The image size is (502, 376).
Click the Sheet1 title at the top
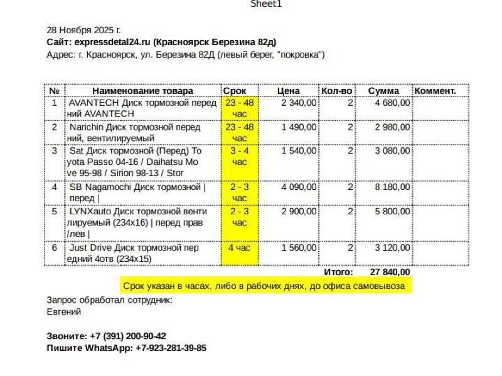pyautogui.click(x=266, y=4)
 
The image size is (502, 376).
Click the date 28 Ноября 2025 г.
pyautogui.click(x=84, y=30)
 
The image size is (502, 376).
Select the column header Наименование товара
pyautogui.click(x=142, y=91)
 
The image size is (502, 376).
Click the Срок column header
pyautogui.click(x=235, y=91)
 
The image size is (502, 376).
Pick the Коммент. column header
pyautogui.click(x=435, y=91)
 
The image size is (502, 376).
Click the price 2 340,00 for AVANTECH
pyautogui.click(x=299, y=103)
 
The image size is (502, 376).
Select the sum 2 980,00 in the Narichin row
pyautogui.click(x=393, y=127)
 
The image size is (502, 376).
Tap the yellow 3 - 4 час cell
pyautogui.click(x=240, y=157)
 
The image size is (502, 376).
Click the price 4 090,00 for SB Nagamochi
pyautogui.click(x=299, y=187)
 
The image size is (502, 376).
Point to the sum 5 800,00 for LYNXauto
pyautogui.click(x=393, y=211)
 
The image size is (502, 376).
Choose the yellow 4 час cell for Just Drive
pyautogui.click(x=239, y=248)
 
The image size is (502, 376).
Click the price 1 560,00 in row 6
pyautogui.click(x=299, y=248)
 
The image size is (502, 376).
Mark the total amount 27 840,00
pyautogui.click(x=390, y=273)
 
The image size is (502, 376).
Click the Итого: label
pyautogui.click(x=338, y=273)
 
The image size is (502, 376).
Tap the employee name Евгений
pyautogui.click(x=64, y=311)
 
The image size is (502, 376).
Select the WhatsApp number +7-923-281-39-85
pyautogui.click(x=171, y=348)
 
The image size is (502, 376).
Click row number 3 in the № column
pyautogui.click(x=55, y=151)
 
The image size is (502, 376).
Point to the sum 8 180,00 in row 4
pyautogui.click(x=393, y=187)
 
